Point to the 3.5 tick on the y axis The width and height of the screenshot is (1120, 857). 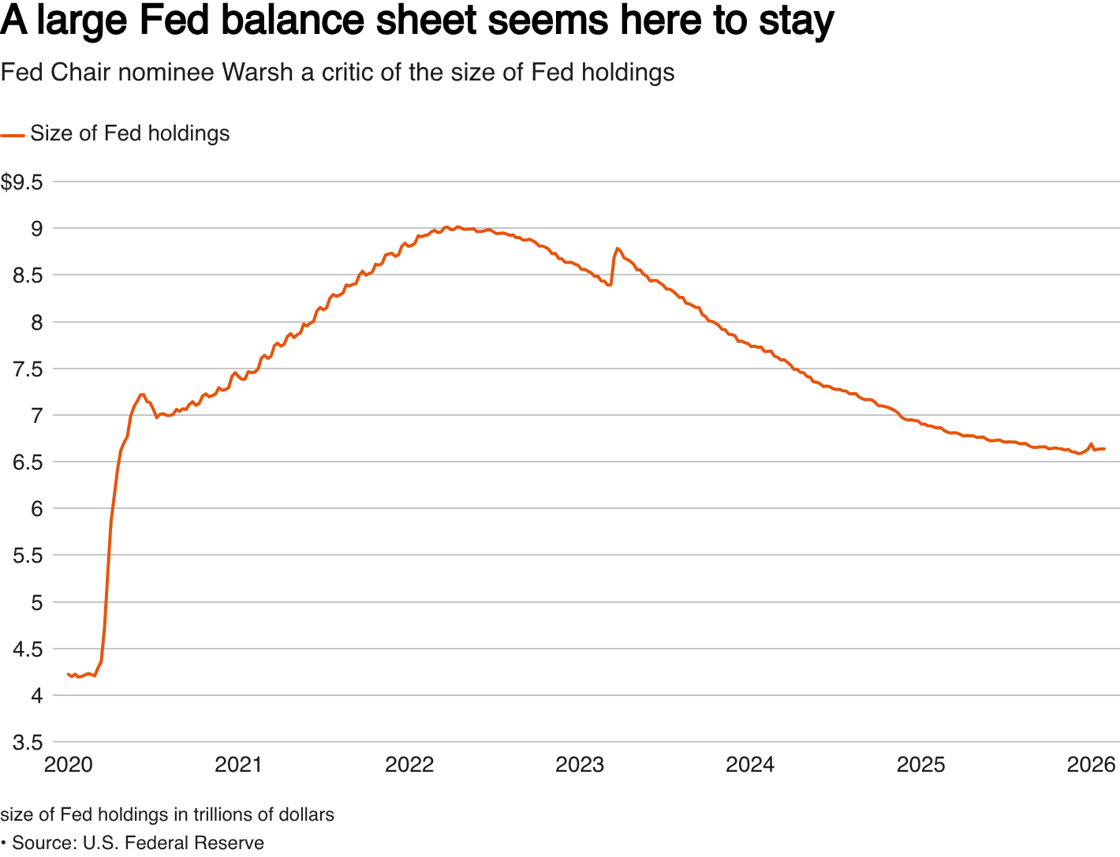(x=28, y=743)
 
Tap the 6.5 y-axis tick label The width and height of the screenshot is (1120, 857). (x=28, y=462)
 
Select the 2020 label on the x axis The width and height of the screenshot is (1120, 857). (x=68, y=765)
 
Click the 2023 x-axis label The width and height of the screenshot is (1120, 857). (x=580, y=765)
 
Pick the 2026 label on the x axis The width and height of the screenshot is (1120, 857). (x=1091, y=765)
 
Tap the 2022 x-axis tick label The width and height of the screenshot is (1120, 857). (x=409, y=765)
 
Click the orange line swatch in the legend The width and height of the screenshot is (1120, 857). (x=13, y=135)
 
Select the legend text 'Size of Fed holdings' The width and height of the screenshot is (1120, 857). (x=130, y=133)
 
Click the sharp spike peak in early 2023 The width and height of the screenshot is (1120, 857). (x=617, y=249)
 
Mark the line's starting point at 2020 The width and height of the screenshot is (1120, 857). (x=69, y=674)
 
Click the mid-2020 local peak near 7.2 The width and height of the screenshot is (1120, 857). (x=142, y=395)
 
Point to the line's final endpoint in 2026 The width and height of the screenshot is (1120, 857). (x=1104, y=449)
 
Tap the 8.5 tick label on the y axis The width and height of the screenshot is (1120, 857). (x=28, y=275)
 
